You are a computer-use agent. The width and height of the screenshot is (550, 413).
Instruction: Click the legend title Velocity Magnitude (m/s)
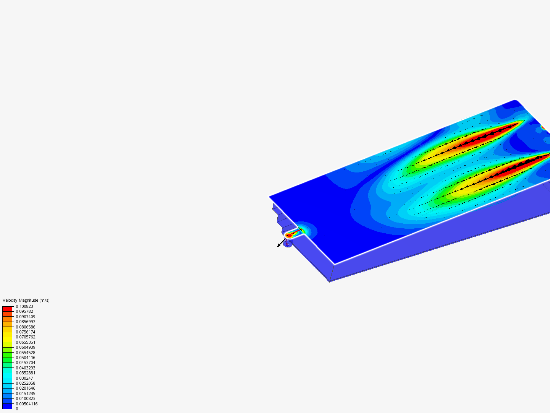click(x=26, y=300)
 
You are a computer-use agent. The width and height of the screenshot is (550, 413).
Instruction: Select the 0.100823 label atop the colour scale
click(x=24, y=306)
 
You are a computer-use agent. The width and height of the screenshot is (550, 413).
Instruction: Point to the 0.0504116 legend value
click(x=25, y=358)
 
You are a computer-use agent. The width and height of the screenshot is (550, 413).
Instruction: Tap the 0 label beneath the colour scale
click(x=17, y=409)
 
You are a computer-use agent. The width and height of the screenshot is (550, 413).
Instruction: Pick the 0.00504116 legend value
click(x=27, y=404)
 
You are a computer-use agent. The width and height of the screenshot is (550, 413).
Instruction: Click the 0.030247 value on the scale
click(x=24, y=378)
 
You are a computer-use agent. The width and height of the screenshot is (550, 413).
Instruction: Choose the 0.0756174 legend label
click(x=25, y=332)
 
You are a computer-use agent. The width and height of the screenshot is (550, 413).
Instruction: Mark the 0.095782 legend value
click(x=24, y=311)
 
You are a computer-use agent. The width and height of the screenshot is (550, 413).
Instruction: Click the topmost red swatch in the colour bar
click(x=7, y=309)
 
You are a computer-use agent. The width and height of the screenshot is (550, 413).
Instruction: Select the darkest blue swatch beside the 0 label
click(x=7, y=406)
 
